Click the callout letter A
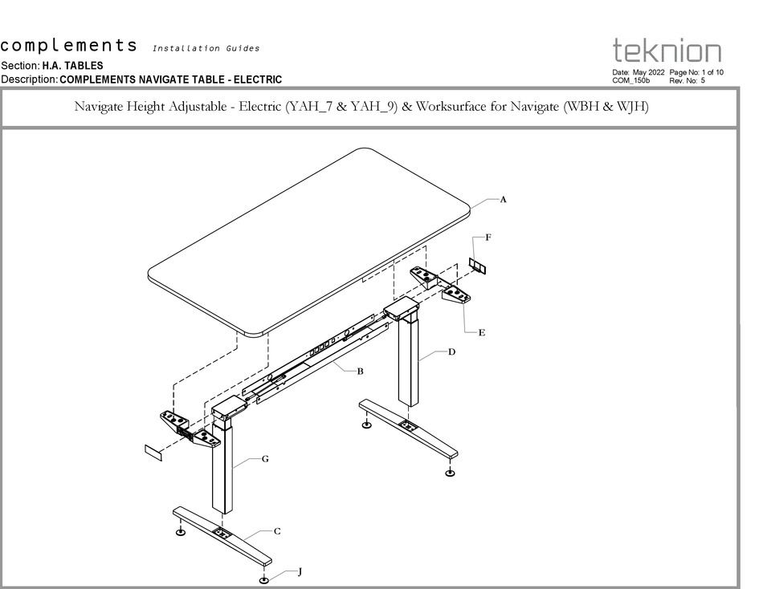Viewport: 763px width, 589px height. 503,200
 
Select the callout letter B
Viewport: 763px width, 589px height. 361,371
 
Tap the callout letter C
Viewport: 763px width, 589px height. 277,531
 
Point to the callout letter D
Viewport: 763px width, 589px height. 451,352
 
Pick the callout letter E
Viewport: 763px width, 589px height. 481,332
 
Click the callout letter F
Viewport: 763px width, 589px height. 488,238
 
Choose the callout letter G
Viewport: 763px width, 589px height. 264,459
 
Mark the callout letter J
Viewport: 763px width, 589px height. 300,572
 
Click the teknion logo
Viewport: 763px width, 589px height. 667,51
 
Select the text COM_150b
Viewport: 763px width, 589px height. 630,80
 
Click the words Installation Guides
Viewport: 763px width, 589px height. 206,48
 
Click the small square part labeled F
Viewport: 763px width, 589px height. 478,266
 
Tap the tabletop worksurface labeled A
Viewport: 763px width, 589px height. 309,241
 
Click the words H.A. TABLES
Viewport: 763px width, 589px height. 72,66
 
